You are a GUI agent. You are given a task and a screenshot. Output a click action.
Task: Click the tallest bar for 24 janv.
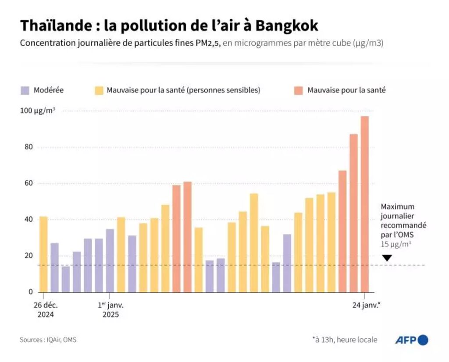coord(364,204)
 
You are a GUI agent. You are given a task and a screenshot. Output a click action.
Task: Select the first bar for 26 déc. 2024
coord(43,254)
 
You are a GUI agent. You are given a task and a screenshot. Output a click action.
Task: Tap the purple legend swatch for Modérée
coord(25,91)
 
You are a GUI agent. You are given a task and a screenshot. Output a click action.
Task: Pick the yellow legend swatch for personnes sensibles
coord(99,91)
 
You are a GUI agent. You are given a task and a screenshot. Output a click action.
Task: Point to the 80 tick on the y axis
coord(29,147)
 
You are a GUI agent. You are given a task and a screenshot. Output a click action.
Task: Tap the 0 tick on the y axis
coord(31,292)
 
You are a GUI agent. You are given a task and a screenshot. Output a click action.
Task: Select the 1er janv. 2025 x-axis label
coord(110,309)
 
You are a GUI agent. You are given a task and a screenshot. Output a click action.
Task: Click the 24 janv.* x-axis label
coord(366,305)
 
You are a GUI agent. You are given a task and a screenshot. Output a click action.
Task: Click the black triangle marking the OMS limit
coord(387,259)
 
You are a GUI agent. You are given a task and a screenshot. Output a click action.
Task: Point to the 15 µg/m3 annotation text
coord(396,244)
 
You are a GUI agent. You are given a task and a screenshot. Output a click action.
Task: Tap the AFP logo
coord(411,340)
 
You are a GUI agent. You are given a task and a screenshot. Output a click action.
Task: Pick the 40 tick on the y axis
coord(29,220)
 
